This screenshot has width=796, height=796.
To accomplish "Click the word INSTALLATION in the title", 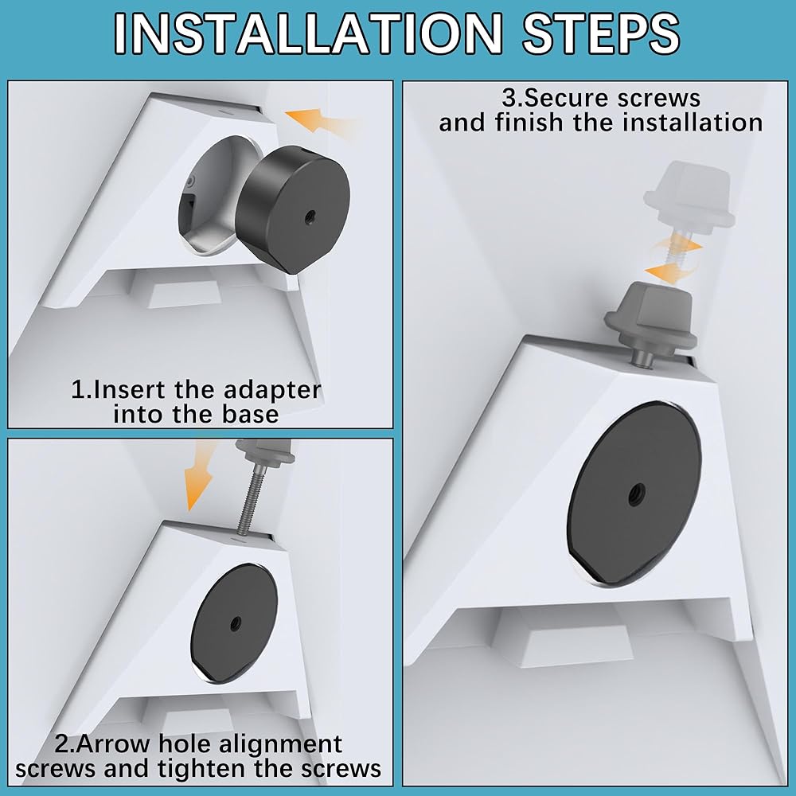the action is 307,34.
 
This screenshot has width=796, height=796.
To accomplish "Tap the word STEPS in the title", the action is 601,34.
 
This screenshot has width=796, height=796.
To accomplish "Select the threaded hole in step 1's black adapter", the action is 308,218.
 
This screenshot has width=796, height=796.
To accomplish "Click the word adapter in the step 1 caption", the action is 272,391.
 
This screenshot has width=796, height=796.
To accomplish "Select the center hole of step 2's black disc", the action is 235,623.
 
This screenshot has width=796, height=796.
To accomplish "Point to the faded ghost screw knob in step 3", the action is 689,196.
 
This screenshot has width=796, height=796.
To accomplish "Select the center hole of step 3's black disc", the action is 634,492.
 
